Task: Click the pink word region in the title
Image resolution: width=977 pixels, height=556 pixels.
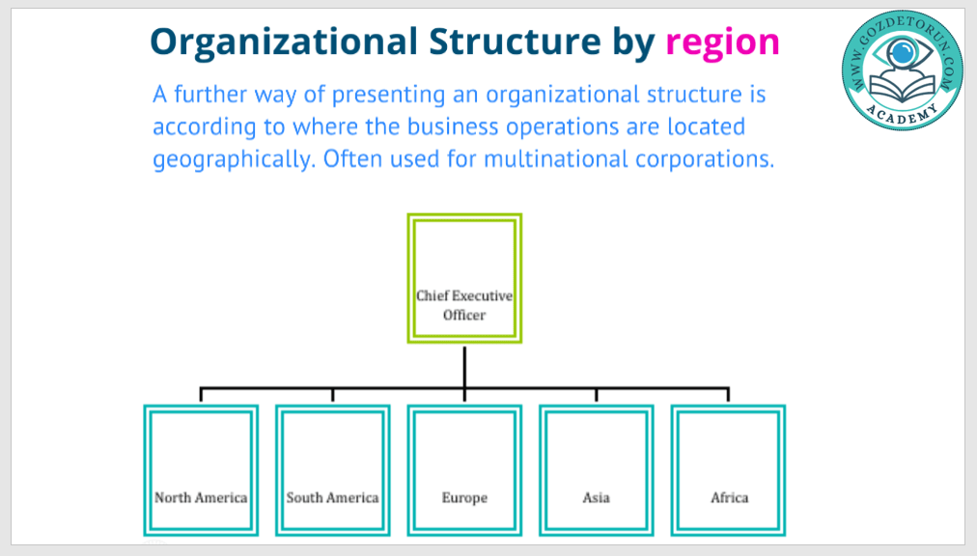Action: pyautogui.click(x=722, y=41)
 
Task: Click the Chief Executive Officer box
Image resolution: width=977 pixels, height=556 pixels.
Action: pyautogui.click(x=464, y=278)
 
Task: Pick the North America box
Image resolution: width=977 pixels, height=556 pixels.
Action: pyautogui.click(x=201, y=470)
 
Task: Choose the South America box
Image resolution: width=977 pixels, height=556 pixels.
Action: pyautogui.click(x=332, y=470)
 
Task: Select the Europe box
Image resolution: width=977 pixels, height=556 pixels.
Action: pyautogui.click(x=464, y=470)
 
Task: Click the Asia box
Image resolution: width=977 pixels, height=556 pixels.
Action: pyautogui.click(x=596, y=470)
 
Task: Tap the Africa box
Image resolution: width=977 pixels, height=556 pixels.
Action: pyautogui.click(x=729, y=470)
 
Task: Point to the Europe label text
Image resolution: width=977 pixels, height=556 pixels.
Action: pyautogui.click(x=464, y=498)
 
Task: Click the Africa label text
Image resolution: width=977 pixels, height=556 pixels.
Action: pyautogui.click(x=729, y=498)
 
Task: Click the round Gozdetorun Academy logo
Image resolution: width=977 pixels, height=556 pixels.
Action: pyautogui.click(x=901, y=72)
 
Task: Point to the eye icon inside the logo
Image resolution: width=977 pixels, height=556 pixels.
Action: pyautogui.click(x=902, y=52)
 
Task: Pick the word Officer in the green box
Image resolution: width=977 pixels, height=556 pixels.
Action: pyautogui.click(x=464, y=315)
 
